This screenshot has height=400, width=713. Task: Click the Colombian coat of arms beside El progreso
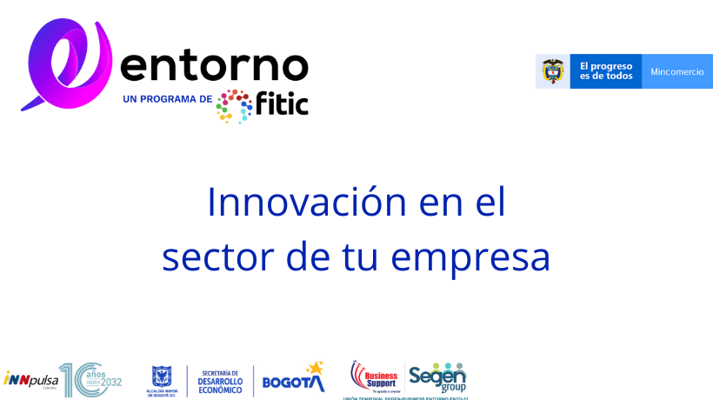point(553,71)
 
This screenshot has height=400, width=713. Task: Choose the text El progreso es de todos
point(606,71)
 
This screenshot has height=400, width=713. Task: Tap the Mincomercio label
point(677,71)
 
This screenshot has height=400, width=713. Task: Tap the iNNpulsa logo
point(30,378)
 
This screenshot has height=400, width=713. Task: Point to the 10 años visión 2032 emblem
point(90,380)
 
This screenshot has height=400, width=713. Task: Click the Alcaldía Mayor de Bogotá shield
point(161,377)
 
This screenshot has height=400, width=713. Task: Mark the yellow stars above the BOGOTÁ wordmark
point(314,368)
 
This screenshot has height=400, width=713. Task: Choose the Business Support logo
point(375,377)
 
